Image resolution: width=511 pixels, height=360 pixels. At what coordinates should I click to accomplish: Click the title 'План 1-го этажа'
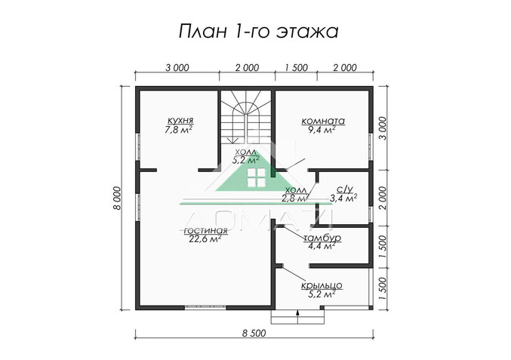coord(257,32)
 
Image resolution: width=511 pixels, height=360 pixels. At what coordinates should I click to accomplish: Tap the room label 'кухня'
coord(180,120)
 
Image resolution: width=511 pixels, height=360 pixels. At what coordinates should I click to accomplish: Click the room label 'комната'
coord(323,120)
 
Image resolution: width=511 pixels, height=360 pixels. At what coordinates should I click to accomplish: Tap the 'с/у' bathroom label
coord(342,188)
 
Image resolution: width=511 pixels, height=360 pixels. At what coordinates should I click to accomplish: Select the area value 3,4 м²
coord(343,198)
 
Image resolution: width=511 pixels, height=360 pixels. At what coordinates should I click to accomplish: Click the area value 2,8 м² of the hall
coord(294,198)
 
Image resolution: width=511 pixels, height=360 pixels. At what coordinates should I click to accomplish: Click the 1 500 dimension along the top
coord(296,68)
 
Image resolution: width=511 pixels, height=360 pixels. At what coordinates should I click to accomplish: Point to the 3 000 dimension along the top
coord(177,68)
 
